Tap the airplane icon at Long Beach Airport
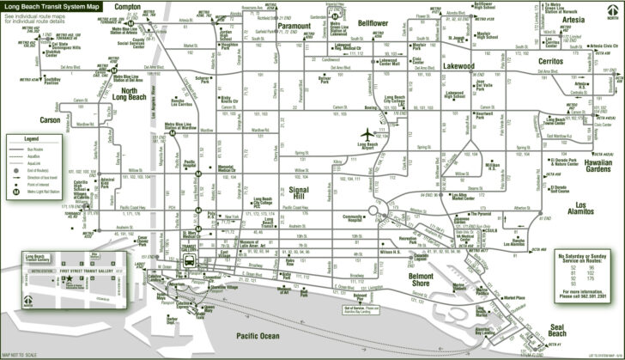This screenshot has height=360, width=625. pos(369,135)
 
